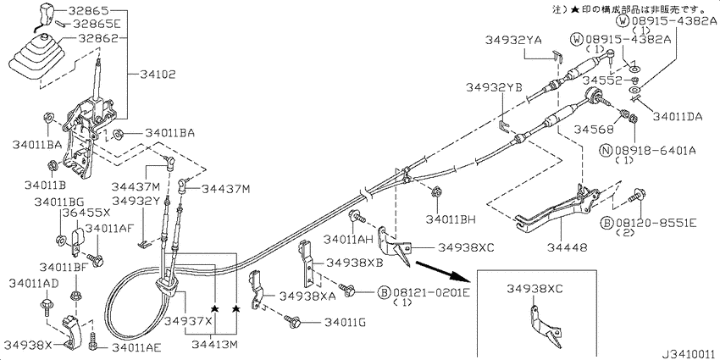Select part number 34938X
(28, 345)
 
